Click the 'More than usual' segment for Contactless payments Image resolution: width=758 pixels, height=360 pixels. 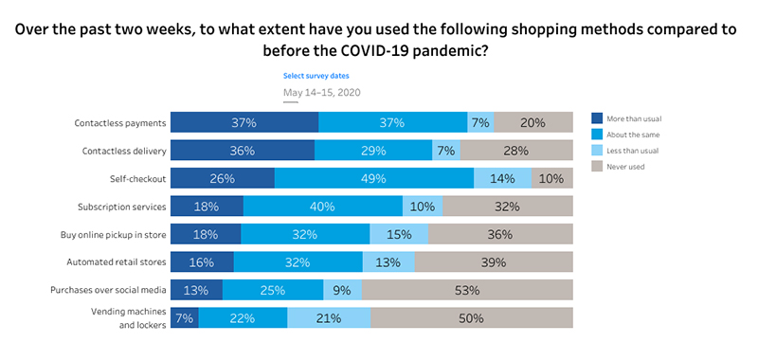point(244,122)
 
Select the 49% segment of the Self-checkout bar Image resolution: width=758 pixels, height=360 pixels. point(374,178)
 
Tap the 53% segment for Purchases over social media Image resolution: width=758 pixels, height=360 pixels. point(467,290)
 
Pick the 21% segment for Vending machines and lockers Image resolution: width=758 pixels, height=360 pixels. point(329,318)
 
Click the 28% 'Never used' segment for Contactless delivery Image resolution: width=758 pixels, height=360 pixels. point(516,151)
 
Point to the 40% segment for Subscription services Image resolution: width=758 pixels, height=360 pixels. point(323,207)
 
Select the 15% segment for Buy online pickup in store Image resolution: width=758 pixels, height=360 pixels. point(399,234)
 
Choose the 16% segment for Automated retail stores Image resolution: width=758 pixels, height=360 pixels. point(203,262)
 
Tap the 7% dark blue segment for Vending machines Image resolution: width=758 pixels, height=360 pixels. point(185,318)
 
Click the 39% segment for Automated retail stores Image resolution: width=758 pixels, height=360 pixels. point(494,262)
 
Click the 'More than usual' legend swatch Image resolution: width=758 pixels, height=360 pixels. point(597,118)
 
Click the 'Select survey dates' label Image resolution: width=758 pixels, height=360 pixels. point(310,75)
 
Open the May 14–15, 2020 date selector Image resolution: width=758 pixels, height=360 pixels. point(322,92)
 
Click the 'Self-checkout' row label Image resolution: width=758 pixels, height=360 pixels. point(139,178)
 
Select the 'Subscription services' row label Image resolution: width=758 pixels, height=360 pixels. point(122,207)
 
